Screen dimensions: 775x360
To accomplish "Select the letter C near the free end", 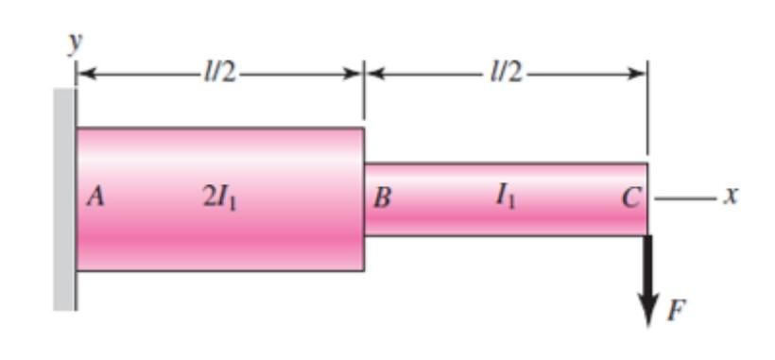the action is coord(631,197).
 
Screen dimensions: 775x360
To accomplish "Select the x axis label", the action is coord(731,197).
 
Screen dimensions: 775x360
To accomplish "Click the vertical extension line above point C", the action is coord(647,113).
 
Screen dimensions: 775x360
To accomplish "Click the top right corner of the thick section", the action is coord(363,129).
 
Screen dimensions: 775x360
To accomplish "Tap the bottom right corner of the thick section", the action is coord(363,270).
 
